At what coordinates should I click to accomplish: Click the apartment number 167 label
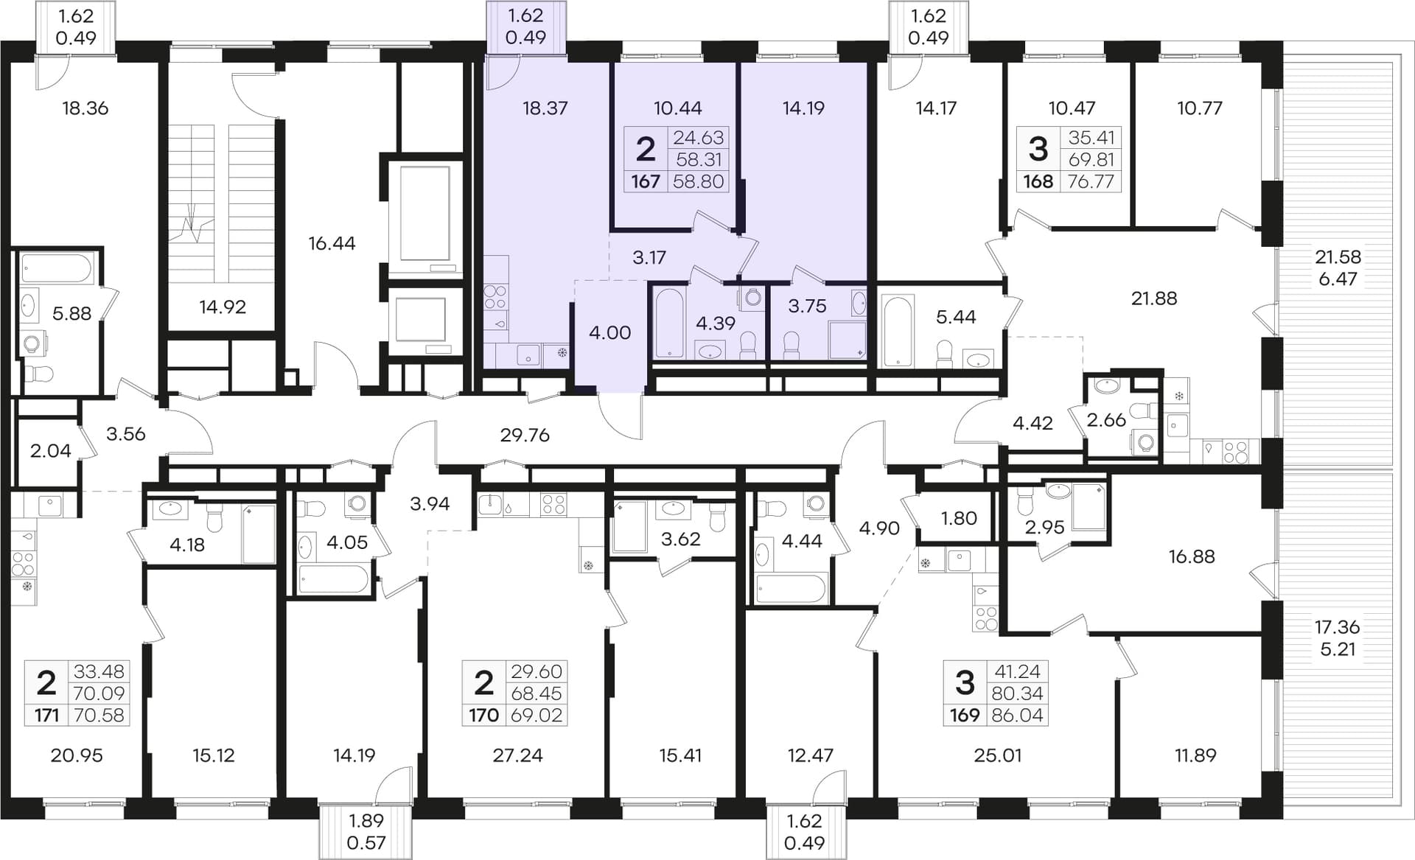[646, 181]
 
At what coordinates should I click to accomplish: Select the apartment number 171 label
[46, 715]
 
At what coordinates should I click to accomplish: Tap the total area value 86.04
[1017, 715]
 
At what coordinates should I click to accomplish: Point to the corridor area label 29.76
[525, 435]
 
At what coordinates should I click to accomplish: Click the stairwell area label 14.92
[223, 307]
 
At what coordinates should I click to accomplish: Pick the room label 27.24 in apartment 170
[517, 755]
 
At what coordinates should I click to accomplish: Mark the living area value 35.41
[1091, 138]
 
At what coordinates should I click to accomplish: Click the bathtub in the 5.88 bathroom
[57, 269]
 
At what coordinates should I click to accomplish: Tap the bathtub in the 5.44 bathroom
[898, 331]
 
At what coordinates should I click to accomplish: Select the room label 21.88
[1154, 298]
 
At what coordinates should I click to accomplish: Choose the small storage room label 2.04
[50, 450]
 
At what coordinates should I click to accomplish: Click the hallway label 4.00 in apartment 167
[609, 332]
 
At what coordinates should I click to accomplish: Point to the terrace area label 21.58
[1338, 257]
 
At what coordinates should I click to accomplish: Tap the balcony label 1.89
[366, 820]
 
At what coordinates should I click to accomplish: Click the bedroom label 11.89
[1195, 755]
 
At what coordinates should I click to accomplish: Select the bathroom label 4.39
[716, 322]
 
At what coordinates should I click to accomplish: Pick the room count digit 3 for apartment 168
[1038, 150]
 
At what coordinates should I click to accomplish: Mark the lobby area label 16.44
[332, 243]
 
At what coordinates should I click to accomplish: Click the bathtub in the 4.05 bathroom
[333, 579]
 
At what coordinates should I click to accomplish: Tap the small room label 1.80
[959, 518]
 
